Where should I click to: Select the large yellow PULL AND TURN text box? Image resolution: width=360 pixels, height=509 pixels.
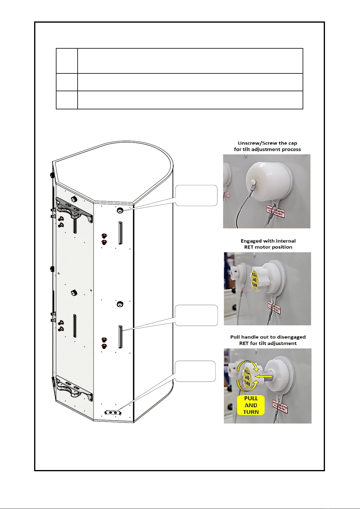[251, 405]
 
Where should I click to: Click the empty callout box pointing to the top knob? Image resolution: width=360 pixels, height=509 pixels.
[196, 195]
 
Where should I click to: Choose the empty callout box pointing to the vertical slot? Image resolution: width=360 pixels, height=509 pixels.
[196, 315]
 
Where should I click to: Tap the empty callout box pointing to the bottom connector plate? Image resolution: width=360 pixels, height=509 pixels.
[195, 371]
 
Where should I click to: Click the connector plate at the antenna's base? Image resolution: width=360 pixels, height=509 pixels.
[113, 413]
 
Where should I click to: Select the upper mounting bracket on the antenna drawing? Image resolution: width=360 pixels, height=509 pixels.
[74, 209]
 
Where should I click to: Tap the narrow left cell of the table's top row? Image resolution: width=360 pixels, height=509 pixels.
[67, 61]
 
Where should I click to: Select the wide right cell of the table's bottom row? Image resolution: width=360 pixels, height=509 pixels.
[190, 100]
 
